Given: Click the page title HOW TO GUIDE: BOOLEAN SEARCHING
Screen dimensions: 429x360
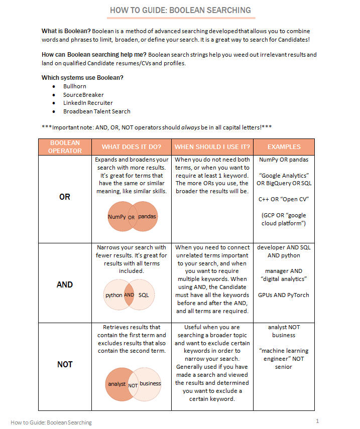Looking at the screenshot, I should pos(180,10).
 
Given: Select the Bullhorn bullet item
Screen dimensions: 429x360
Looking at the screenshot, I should pos(74,86).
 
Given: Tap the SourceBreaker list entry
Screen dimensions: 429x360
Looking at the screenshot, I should pos(83,95).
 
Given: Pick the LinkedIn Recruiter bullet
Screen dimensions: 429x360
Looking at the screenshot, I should pos(88,103).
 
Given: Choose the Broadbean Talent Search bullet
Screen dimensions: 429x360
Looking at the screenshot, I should pos(96,111).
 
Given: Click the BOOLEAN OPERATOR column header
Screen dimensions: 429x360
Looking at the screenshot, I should pos(65,147).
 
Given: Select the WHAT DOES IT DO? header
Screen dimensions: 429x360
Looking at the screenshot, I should pos(131,147).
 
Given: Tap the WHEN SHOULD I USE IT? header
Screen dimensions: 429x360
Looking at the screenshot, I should pos(212,147).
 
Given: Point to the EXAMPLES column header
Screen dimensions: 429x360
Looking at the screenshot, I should pos(284,147).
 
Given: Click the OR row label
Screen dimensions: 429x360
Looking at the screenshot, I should pos(65,197).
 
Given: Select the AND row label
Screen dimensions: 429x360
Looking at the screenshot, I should pos(65,284).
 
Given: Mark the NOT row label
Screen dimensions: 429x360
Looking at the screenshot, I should pos(65,364).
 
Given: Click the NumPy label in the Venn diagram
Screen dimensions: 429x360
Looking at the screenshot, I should pos(116,217).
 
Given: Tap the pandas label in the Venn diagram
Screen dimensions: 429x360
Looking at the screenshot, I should pos(147,217).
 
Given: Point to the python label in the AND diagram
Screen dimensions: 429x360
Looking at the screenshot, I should pos(113,295).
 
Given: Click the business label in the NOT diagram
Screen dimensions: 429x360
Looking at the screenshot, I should pos(150,383).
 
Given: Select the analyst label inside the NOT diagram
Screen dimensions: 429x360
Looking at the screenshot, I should pos(116,384).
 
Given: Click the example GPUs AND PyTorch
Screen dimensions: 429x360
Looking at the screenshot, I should pos(284,295).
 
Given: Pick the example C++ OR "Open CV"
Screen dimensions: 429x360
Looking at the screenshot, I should pos(284,199).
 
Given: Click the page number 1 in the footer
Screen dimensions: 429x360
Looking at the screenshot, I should pos(317,421).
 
